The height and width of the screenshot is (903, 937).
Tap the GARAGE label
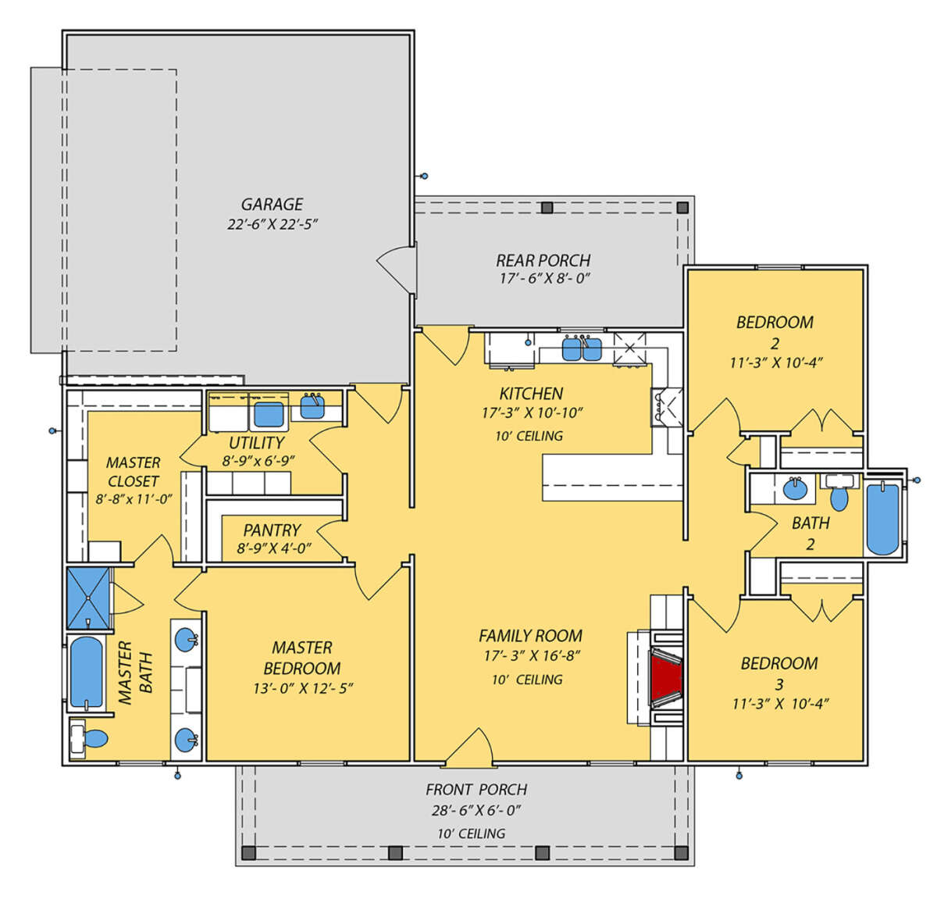point(272,204)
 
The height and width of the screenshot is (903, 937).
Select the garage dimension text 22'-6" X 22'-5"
point(273,224)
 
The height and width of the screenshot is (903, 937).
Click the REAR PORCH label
point(543,261)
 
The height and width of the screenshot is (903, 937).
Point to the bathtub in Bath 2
point(882,519)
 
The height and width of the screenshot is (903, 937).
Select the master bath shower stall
point(88,598)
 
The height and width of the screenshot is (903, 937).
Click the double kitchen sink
point(583,348)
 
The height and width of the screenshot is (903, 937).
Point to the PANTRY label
point(272,530)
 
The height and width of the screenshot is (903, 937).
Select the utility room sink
point(312,406)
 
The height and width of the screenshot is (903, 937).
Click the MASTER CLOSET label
point(133,472)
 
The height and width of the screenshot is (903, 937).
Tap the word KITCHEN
point(531,394)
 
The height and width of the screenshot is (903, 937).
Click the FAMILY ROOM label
point(531,636)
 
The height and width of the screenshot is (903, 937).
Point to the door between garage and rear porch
point(397,268)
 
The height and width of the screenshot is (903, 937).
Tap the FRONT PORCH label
point(476,789)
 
